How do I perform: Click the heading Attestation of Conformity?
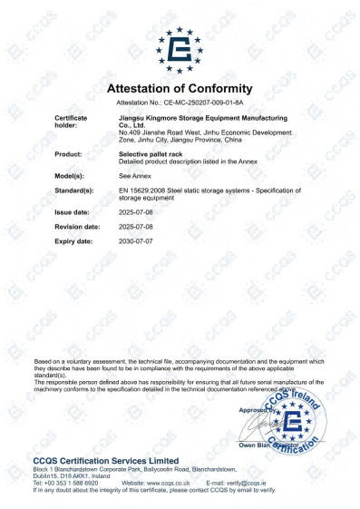pos(180,89)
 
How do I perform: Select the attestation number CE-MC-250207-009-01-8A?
pos(199,104)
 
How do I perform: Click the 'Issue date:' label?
pos(73,215)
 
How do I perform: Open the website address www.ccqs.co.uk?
pos(164,483)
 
